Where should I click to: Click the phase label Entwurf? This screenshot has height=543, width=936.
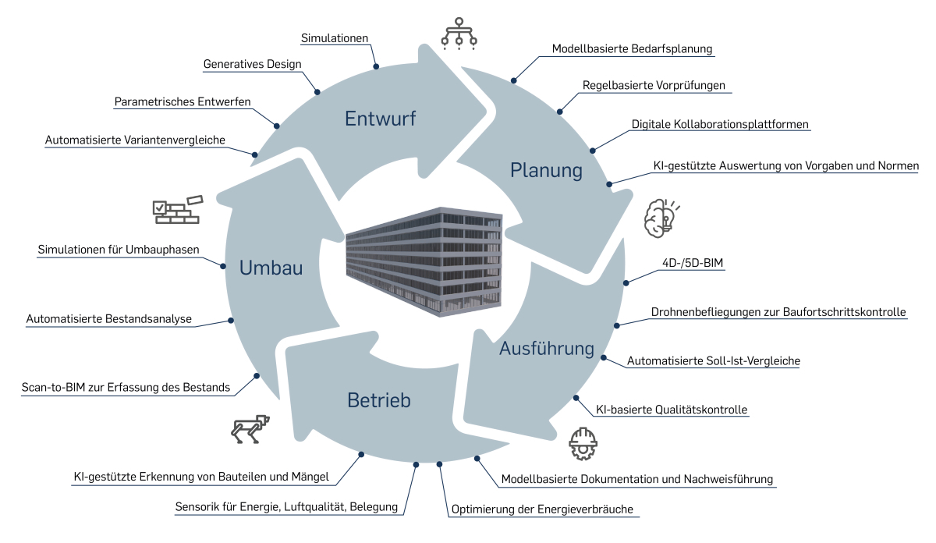click(x=381, y=119)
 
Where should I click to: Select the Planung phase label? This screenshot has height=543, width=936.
click(x=546, y=169)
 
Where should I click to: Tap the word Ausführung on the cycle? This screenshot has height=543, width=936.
click(x=547, y=348)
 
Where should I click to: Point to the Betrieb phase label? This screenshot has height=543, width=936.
click(x=378, y=401)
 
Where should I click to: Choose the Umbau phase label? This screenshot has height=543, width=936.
click(x=271, y=268)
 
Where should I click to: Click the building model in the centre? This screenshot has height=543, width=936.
click(x=422, y=261)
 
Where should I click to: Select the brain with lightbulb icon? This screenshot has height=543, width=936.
click(x=659, y=218)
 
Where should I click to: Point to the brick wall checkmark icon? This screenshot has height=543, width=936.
click(x=176, y=208)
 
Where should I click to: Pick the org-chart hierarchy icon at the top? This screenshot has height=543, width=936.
click(x=459, y=33)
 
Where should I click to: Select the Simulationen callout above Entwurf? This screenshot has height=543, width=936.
click(x=335, y=37)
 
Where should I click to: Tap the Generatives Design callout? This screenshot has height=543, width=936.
click(x=252, y=64)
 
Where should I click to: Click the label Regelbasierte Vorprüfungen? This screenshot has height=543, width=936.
click(x=654, y=85)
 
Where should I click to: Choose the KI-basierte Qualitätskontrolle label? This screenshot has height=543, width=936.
click(x=671, y=409)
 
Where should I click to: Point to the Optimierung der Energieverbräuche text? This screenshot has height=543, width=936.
click(x=544, y=509)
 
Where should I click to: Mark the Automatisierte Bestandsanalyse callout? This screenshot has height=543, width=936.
click(x=109, y=319)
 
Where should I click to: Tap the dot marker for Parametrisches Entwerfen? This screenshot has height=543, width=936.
click(x=276, y=125)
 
